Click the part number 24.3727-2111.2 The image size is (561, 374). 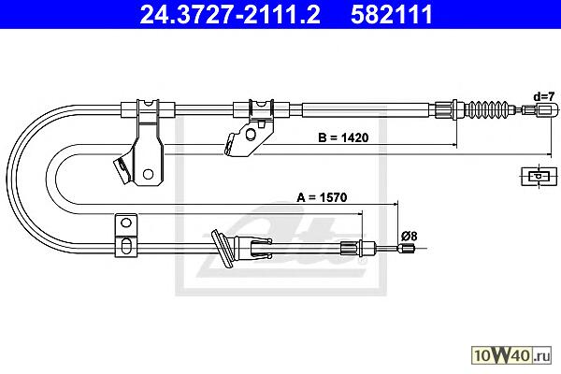(230, 15)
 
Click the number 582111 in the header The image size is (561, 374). (392, 15)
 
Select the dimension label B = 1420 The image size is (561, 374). (343, 137)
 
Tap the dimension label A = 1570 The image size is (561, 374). (322, 197)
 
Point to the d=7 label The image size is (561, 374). (544, 96)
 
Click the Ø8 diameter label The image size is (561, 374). (409, 237)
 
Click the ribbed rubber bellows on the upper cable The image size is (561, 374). (489, 108)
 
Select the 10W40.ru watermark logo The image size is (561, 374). (511, 355)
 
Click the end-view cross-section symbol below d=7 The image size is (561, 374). (539, 176)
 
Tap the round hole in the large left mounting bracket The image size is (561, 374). (148, 174)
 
